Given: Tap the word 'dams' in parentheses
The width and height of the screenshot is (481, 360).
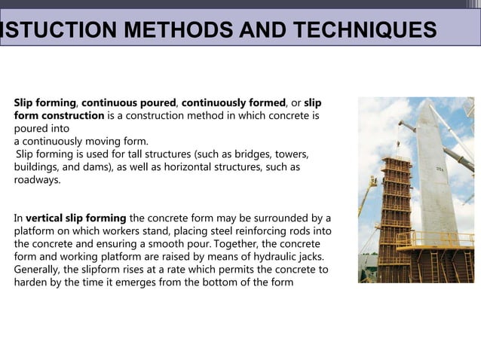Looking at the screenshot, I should click(83, 167).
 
